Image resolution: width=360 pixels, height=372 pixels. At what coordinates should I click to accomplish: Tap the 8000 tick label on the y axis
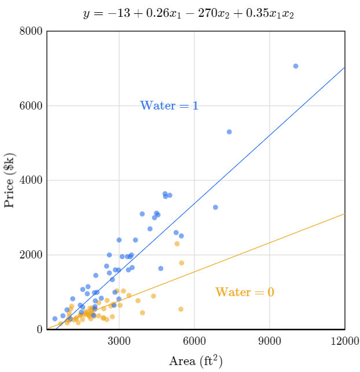(x=30, y=31)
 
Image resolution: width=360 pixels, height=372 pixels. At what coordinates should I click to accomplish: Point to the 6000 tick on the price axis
(x=30, y=106)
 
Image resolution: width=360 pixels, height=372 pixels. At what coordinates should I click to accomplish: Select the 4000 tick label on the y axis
(x=30, y=181)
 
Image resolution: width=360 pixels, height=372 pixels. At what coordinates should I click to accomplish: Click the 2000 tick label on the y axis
(x=30, y=255)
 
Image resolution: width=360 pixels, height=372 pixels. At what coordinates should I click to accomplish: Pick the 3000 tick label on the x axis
(x=120, y=341)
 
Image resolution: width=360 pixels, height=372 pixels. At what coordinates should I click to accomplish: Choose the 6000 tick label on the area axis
(x=194, y=341)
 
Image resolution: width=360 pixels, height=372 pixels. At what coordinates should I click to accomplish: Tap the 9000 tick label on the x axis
(x=270, y=341)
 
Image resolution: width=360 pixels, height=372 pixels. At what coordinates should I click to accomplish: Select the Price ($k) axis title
(x=10, y=180)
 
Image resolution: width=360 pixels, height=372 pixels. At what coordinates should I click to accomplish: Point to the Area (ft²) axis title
(x=196, y=361)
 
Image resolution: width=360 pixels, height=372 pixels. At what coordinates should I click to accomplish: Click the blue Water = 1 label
(x=169, y=106)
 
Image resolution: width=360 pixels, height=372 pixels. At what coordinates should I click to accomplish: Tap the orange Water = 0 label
(x=244, y=293)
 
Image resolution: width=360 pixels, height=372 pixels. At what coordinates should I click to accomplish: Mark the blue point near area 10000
(x=296, y=66)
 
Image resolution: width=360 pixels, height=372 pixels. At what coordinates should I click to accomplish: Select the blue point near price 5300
(x=229, y=132)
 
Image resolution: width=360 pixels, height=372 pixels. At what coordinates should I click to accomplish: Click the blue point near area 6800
(x=215, y=207)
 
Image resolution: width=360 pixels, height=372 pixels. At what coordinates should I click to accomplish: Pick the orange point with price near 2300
(x=177, y=244)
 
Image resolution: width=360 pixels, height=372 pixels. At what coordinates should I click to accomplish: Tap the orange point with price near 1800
(x=181, y=263)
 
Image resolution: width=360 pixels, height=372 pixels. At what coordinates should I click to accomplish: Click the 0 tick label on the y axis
(x=39, y=330)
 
